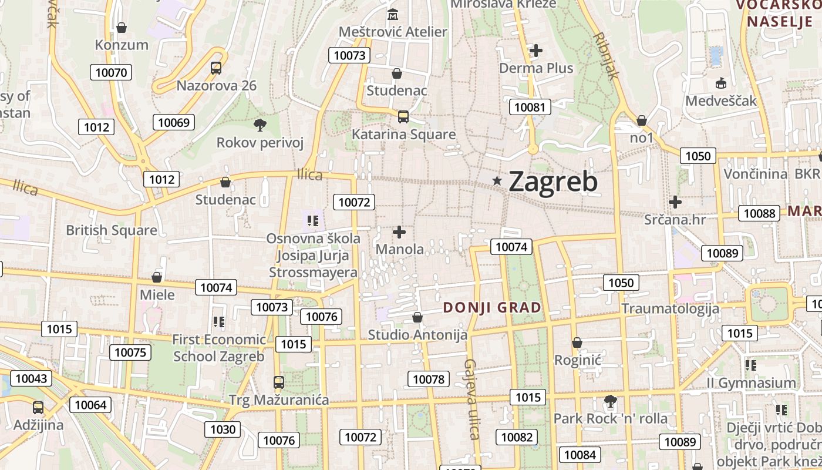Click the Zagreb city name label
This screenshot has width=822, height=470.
553,181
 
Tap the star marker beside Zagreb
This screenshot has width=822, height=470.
497,181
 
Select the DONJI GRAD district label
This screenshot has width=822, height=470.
492,307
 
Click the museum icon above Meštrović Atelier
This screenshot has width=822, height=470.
393,14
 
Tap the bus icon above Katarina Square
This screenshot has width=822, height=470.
403,116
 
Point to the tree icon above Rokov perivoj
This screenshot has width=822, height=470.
260,125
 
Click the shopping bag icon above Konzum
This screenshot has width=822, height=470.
122,28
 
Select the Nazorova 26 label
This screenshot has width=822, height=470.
217,86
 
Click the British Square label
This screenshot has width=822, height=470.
112,230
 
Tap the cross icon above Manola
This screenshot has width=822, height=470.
399,232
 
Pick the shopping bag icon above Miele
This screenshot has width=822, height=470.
157,277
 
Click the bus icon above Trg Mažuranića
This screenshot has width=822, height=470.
279,382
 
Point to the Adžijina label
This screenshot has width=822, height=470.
38,425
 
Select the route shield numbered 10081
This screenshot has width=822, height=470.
530,107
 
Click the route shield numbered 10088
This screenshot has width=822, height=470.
759,213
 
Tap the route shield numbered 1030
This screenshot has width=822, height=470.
223,429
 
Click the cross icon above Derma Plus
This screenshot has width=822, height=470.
535,51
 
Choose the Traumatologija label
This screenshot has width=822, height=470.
670,308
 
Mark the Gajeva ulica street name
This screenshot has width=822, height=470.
471,399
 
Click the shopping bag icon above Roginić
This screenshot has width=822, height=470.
577,343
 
